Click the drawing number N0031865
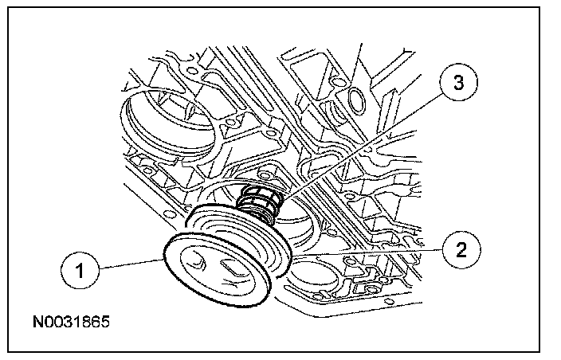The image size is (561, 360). pyautogui.click(x=71, y=324)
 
